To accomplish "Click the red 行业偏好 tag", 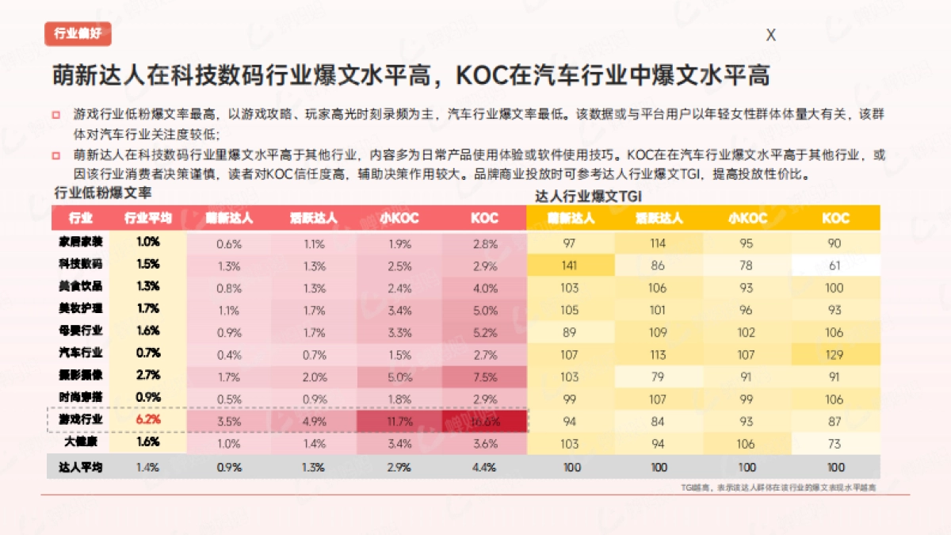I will click(x=78, y=33).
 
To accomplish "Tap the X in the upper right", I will click(x=770, y=35).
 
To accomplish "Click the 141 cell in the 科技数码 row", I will click(x=569, y=266).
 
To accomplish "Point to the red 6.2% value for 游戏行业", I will click(x=148, y=419).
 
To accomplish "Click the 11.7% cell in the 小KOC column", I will click(x=399, y=422).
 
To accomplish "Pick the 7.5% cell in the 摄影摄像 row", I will click(x=485, y=377).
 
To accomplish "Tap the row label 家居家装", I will click(x=81, y=242).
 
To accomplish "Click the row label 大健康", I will click(x=81, y=442).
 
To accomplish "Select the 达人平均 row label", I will click(x=81, y=467).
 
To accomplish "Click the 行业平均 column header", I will click(x=148, y=218).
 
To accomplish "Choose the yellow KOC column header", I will click(x=835, y=218).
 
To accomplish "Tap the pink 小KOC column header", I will click(x=399, y=218).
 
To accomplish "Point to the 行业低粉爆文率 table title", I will click(x=102, y=193).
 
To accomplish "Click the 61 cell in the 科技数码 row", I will click(x=835, y=266).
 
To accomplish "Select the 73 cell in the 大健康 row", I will click(x=835, y=444).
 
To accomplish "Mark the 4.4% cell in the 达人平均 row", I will click(x=485, y=467).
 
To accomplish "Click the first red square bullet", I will click(x=56, y=114).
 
